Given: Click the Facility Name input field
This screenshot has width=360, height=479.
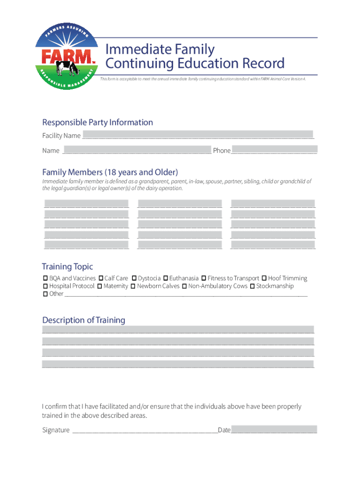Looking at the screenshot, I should [198, 135].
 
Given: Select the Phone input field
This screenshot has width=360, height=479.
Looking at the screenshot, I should [274, 150].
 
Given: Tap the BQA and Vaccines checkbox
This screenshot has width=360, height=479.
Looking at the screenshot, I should [45, 278].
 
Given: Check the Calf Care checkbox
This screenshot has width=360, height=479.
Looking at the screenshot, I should [101, 278].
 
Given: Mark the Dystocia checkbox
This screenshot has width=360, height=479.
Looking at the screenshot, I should [134, 278].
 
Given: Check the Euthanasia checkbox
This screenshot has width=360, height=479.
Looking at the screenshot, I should [166, 278].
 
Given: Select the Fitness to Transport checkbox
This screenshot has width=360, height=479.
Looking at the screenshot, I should [204, 278].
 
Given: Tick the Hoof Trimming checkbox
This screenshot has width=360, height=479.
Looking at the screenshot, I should [264, 278].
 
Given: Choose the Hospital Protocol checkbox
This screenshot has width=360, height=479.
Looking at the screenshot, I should [45, 286].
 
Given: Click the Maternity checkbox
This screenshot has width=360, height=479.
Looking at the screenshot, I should [100, 286].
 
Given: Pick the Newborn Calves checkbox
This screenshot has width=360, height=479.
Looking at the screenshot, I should [133, 286].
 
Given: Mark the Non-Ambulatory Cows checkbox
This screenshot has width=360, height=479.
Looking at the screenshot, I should [184, 286].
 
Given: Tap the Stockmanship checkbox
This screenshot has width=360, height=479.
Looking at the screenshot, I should [252, 286].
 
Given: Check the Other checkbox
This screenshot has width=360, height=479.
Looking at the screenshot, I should [45, 294].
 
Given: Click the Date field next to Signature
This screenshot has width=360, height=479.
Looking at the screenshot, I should [274, 429].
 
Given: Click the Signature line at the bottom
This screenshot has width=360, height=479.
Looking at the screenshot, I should [144, 430].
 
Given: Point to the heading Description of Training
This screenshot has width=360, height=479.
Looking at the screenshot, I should [84, 320].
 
